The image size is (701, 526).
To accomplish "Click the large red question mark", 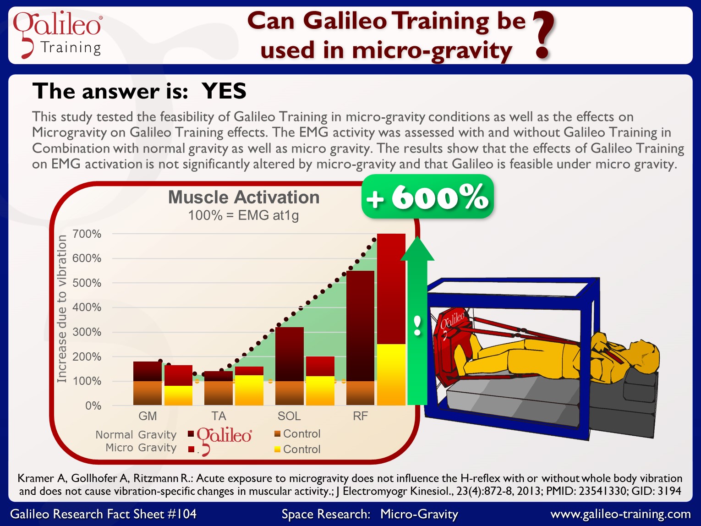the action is point(543,35).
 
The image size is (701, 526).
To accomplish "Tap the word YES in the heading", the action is point(224,91).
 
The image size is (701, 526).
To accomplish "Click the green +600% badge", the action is point(427,197).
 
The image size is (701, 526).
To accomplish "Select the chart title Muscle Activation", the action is point(244,197).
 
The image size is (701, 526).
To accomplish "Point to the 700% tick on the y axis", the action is point(87,234).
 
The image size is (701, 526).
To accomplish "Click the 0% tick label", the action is point(93,405).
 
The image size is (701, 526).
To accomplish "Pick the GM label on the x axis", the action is point(148,416).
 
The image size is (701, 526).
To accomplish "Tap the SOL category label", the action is point(289,416).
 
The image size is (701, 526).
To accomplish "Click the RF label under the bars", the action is point(360,416).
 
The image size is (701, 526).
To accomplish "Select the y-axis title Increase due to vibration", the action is point(62,308).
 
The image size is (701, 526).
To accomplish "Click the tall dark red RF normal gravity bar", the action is point(360,326).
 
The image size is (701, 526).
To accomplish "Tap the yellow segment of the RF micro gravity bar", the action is point(391,375).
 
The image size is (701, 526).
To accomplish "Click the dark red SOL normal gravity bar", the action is point(290,354).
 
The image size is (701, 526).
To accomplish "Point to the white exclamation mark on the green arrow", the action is point(417,325).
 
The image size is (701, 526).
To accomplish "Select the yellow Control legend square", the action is point(277,449).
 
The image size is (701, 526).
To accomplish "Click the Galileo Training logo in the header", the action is point(57,34).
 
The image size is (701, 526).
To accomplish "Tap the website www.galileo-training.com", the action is point(620,514).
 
